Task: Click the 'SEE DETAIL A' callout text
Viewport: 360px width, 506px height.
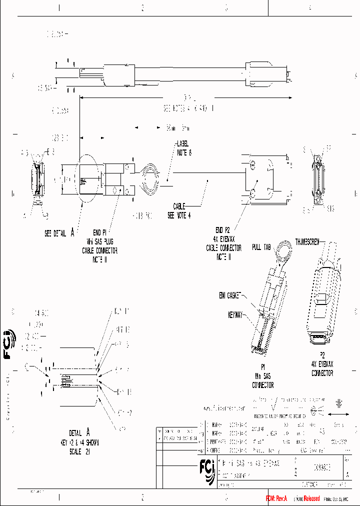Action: coord(59,232)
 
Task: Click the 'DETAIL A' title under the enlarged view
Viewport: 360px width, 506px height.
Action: coord(80,433)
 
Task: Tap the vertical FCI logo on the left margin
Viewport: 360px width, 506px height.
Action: coord(9,344)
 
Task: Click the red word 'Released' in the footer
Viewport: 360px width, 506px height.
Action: coord(307,498)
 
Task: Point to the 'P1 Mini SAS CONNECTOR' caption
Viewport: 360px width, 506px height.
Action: coord(262,378)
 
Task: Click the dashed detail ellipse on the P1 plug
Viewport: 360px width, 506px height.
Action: coord(85,179)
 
